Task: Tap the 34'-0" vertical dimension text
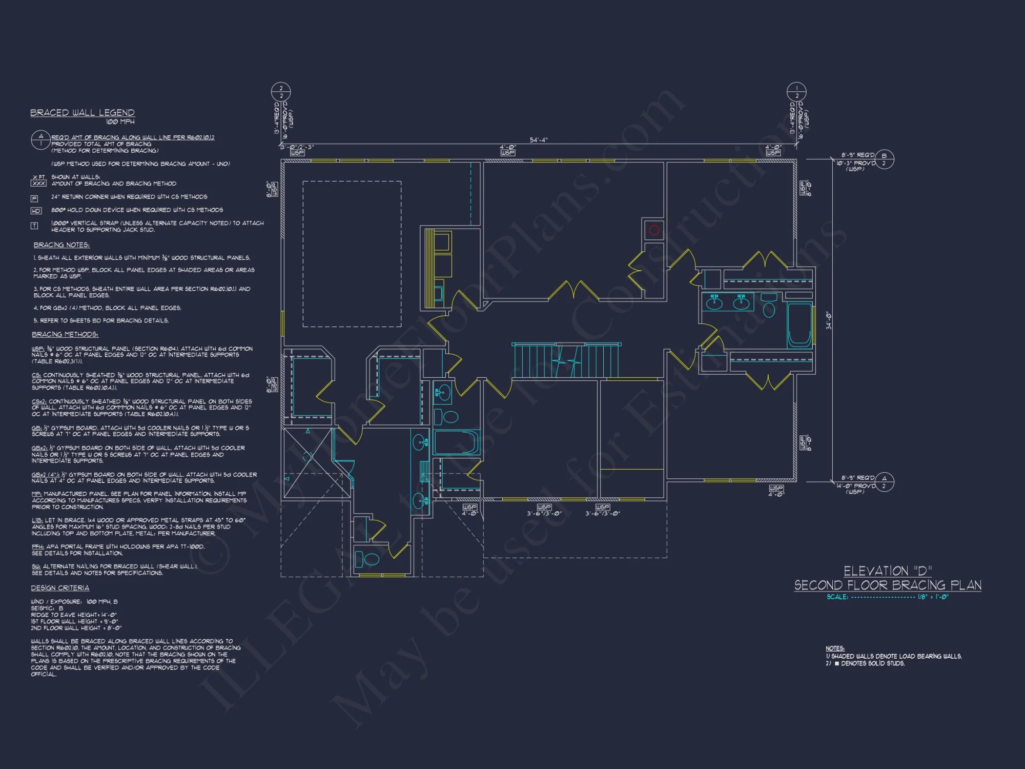tap(829, 320)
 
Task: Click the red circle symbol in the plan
tap(654, 230)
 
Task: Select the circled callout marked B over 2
tap(884, 159)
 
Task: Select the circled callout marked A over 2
tap(884, 482)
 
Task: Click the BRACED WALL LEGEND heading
tap(82, 113)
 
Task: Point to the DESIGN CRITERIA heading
tap(60, 588)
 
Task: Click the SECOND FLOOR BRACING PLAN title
tap(888, 585)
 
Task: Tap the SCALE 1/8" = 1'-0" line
tap(887, 597)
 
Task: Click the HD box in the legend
tap(36, 211)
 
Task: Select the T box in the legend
tap(34, 226)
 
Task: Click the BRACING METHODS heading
tap(65, 334)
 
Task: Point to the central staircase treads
tap(566, 361)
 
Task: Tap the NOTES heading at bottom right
tap(835, 649)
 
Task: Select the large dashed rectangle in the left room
tap(352, 254)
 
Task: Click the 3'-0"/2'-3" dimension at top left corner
tap(297, 147)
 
